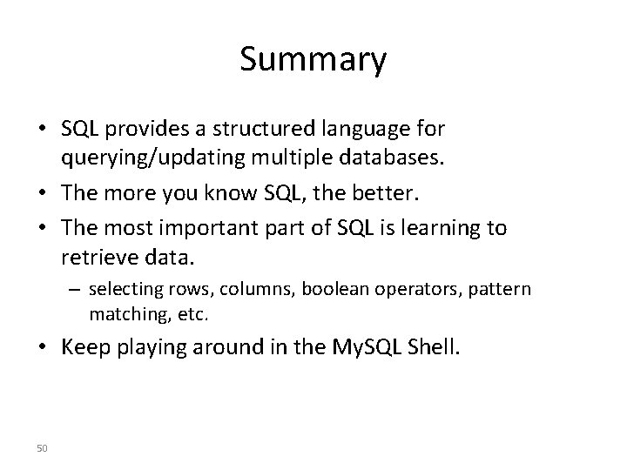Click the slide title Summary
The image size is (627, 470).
pos(313,60)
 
